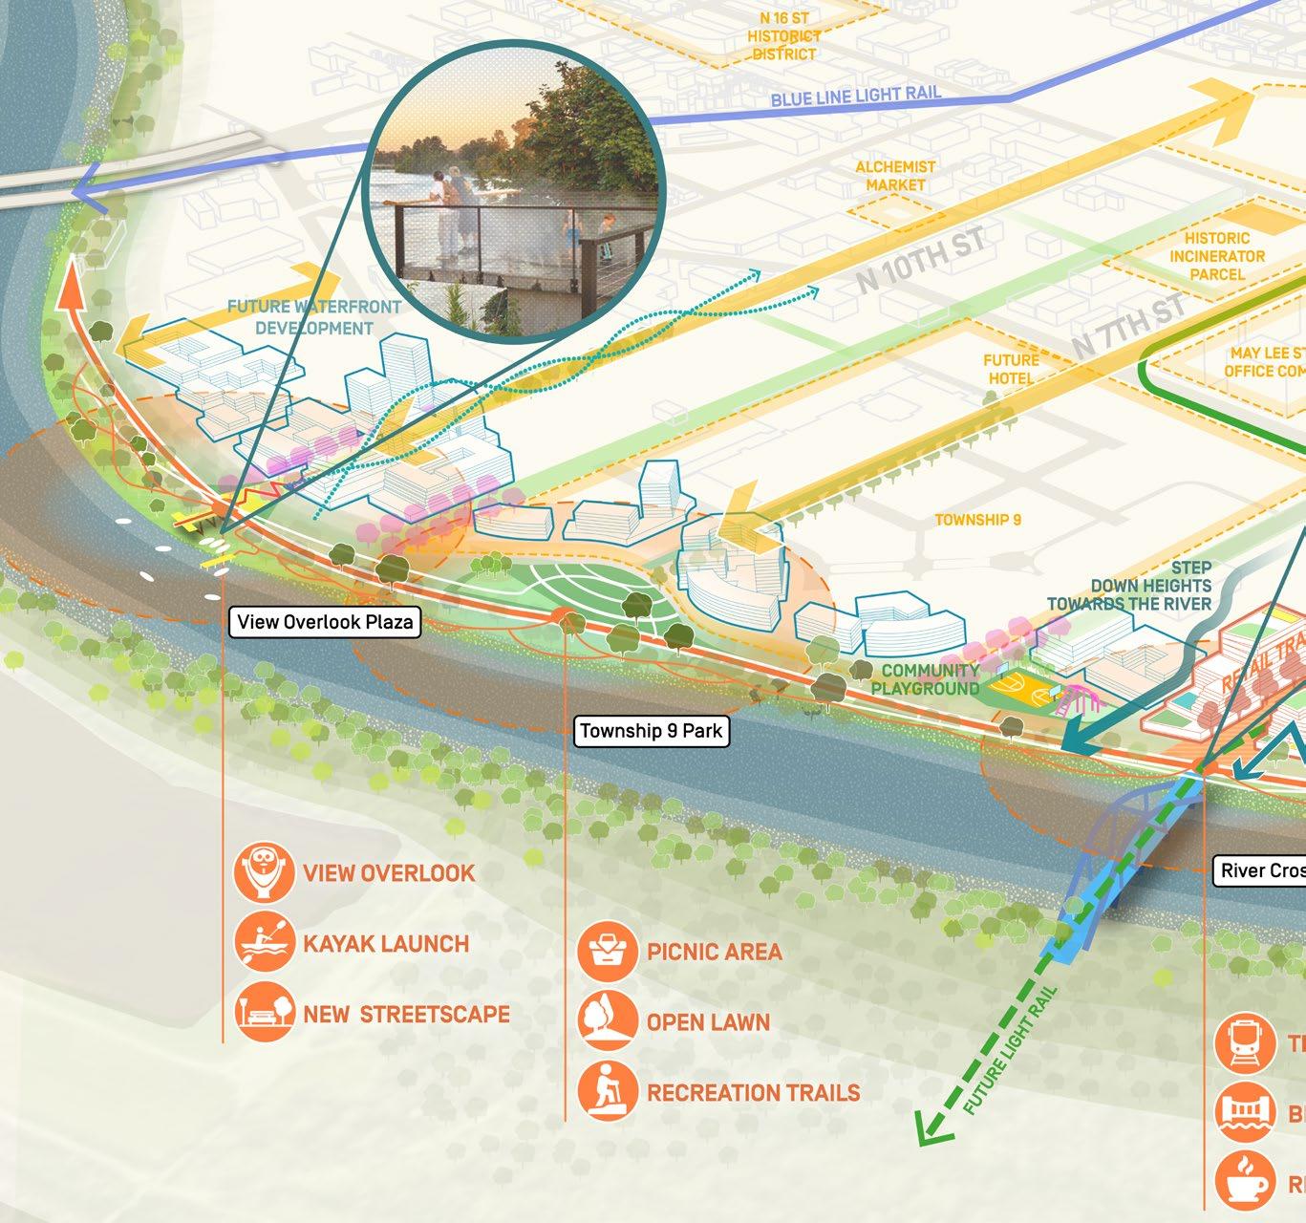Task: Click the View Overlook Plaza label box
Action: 325,622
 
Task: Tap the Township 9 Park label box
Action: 652,732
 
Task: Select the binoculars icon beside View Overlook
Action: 264,872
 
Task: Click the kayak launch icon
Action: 264,943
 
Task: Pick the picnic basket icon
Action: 608,952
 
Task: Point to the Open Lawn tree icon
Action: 608,1021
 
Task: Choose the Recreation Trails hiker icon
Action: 608,1091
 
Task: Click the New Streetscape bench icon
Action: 264,1013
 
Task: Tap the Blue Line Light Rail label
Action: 855,96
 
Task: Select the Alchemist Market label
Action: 895,176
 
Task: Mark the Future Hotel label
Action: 1011,369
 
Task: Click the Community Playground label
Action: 925,679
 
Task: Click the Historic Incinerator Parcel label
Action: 1216,256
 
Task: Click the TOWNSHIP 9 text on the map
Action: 977,520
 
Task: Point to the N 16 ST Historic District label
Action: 783,36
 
